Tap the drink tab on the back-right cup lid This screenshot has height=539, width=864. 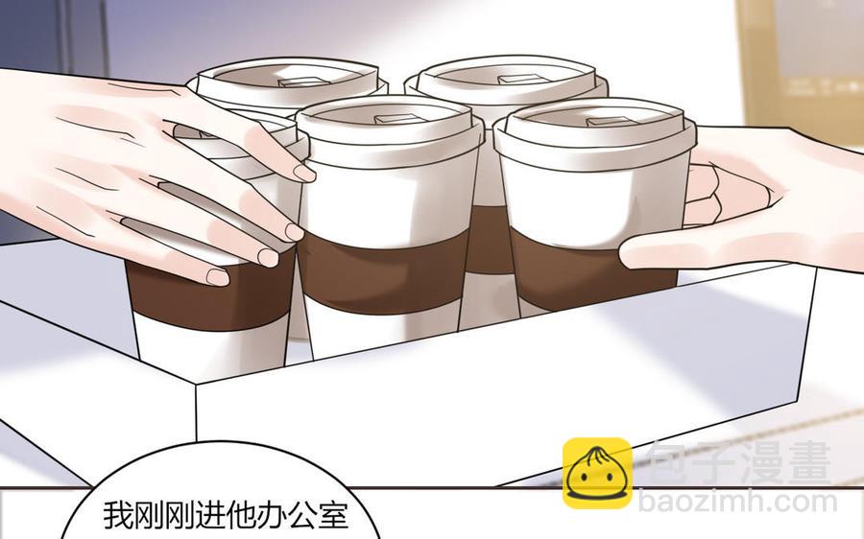tap(516, 80)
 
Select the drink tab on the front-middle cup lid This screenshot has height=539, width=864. tap(396, 119)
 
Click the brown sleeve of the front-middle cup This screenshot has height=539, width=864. tap(382, 272)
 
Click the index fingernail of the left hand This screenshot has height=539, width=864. tap(304, 173)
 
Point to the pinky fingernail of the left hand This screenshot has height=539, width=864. tap(217, 276)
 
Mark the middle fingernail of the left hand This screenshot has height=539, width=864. tap(295, 232)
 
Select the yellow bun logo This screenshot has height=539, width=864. tap(597, 473)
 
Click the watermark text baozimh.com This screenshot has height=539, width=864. tap(738, 503)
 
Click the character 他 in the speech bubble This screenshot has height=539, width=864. tap(226, 515)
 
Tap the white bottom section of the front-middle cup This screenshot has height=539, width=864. tap(380, 333)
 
